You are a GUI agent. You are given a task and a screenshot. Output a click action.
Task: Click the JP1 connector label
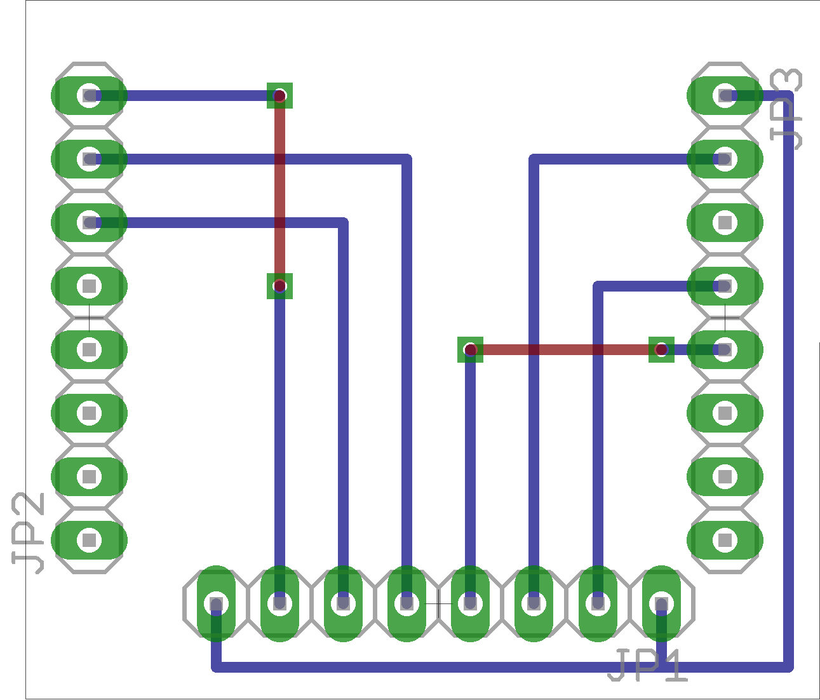click(647, 666)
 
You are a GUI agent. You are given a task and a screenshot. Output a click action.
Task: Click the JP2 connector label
click(29, 532)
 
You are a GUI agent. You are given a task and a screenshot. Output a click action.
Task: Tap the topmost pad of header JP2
click(90, 95)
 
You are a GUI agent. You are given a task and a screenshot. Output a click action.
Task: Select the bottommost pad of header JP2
click(90, 540)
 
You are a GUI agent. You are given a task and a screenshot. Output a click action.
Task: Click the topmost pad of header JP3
click(725, 95)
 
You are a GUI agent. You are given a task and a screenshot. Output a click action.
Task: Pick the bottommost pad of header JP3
click(725, 540)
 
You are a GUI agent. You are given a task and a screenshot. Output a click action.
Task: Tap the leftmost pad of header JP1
click(216, 603)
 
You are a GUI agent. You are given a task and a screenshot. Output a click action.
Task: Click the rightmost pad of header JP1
click(661, 603)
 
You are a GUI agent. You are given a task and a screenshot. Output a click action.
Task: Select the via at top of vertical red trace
click(279, 96)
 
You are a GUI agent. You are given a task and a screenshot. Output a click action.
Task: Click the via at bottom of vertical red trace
click(279, 286)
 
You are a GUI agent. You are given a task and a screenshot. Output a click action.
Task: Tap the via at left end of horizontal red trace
click(470, 349)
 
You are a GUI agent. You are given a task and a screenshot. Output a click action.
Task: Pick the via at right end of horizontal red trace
click(661, 349)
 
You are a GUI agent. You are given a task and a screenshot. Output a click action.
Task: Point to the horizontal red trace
click(565, 349)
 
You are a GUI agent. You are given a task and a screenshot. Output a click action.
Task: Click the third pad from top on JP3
click(725, 222)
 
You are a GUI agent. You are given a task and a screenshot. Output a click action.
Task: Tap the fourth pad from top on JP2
click(90, 286)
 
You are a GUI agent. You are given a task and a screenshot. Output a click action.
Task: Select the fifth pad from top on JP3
click(725, 349)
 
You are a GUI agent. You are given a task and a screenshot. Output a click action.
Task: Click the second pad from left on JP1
click(279, 603)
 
